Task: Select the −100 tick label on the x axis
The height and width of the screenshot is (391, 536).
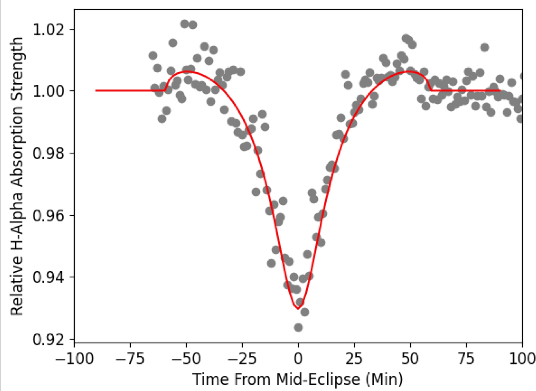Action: point(74,358)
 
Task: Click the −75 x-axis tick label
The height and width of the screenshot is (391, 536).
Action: point(130,358)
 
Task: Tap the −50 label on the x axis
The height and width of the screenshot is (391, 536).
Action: point(186,358)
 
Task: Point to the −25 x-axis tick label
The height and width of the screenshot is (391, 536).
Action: point(242,358)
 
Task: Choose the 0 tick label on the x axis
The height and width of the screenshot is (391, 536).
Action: point(298,358)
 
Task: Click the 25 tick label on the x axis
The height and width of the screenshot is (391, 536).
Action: point(354,358)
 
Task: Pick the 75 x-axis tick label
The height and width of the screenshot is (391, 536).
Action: point(466,358)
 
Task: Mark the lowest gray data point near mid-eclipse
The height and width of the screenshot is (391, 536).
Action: point(298,328)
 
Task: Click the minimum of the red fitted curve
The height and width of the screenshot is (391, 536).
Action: point(298,309)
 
